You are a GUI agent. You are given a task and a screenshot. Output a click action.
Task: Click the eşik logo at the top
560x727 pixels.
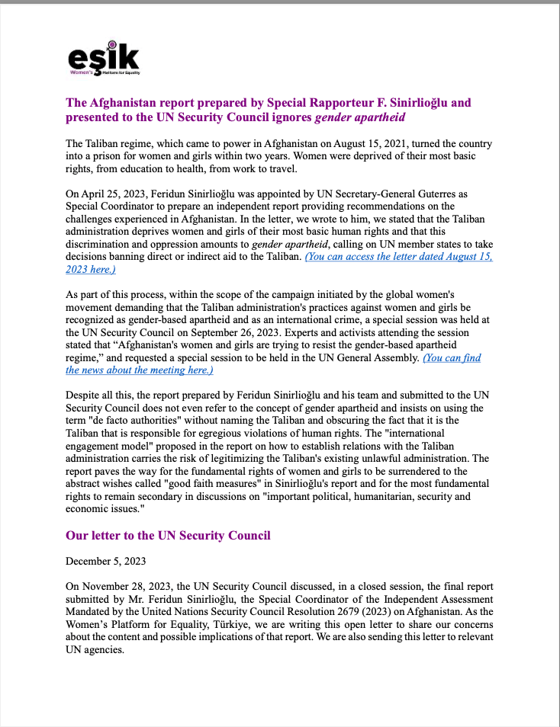[x=103, y=59]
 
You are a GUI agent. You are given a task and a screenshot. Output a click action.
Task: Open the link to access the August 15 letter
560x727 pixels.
[x=398, y=258]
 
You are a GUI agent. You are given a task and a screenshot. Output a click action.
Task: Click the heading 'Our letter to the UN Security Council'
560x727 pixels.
[x=168, y=535]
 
